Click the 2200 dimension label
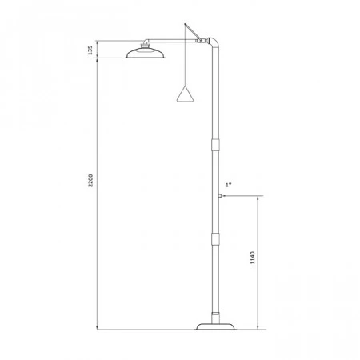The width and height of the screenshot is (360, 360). pos(90,180)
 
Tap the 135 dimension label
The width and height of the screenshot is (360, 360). pos(90,50)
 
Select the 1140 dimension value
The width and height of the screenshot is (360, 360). pos(253,258)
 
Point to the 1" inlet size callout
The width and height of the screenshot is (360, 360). pos(229,185)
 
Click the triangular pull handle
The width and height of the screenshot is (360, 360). pos(185,94)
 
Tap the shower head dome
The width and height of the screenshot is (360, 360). pos(145,53)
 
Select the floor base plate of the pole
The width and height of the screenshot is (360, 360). pos(215,326)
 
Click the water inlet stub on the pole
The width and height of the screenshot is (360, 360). pos(220,196)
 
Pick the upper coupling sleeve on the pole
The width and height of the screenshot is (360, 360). pos(215,145)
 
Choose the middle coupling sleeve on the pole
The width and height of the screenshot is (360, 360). pos(215,238)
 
